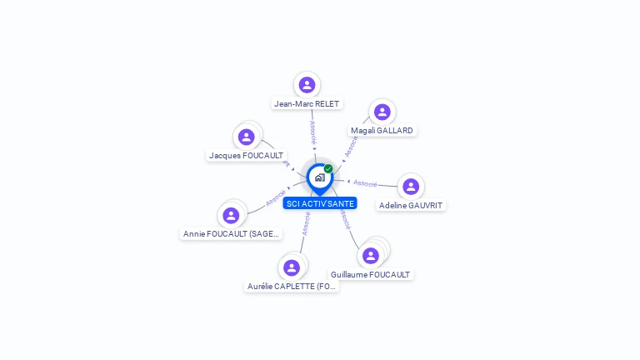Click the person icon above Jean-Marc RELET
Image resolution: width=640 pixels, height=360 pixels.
coord(307,84)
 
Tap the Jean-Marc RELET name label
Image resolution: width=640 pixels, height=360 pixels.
coord(307,104)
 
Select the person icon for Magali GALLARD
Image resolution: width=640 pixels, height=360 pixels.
coord(382,112)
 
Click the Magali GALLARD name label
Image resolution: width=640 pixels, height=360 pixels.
coord(382,131)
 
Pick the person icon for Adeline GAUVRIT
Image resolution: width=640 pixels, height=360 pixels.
coord(411,187)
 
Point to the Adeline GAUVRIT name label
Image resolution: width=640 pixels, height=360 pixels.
coord(411,206)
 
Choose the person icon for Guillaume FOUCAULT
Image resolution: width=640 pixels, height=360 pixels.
coord(371,256)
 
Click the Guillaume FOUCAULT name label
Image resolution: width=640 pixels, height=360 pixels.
coord(371,275)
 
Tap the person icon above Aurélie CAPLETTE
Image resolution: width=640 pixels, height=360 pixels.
coord(291,267)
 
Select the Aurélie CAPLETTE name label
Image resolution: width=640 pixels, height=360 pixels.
coord(292,287)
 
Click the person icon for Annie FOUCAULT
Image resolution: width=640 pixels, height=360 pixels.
coord(231,215)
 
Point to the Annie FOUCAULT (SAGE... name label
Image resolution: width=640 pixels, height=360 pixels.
coord(231,234)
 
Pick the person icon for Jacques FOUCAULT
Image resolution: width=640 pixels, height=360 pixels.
coord(246,137)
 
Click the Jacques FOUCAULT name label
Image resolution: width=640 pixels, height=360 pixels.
coord(246,156)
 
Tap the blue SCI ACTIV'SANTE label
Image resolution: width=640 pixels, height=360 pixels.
coord(319,203)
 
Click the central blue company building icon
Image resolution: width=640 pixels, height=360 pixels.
coord(319,177)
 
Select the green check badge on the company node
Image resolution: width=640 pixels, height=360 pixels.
coord(328,168)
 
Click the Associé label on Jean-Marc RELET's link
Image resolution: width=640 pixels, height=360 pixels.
coord(312,133)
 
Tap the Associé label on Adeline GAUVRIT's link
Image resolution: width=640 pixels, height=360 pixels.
coord(365,182)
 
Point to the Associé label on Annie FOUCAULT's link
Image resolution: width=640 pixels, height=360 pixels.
coord(276,197)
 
